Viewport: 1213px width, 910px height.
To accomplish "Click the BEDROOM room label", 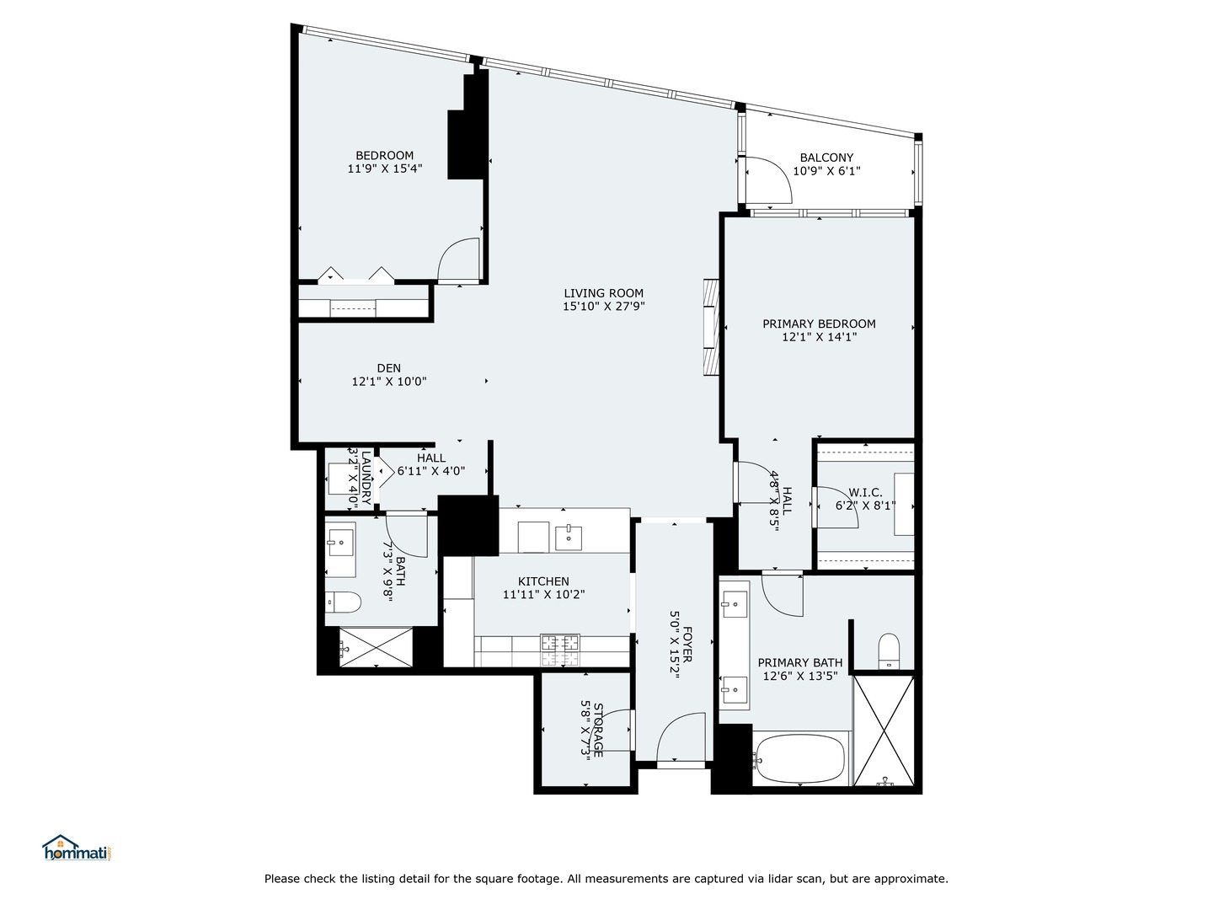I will (x=384, y=155).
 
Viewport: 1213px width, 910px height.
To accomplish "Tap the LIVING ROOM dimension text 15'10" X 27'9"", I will (x=603, y=307).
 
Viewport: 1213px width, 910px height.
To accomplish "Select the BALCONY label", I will (x=826, y=158).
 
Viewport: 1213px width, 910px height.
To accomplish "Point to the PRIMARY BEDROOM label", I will (x=819, y=324).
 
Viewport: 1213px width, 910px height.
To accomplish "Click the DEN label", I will (x=388, y=368).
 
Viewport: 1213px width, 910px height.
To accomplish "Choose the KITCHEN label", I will (x=543, y=581).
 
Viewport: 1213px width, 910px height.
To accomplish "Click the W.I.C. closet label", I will (x=865, y=492).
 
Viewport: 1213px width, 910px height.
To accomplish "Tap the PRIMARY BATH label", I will (x=799, y=662).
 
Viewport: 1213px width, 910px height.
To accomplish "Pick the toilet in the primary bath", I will (x=889, y=650).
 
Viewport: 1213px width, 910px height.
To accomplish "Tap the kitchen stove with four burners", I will (x=560, y=646).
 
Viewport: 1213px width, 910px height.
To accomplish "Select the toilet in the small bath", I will (x=343, y=602).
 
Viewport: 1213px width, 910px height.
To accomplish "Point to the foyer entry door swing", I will (x=680, y=737).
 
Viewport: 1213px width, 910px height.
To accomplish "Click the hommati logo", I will (x=77, y=848).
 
